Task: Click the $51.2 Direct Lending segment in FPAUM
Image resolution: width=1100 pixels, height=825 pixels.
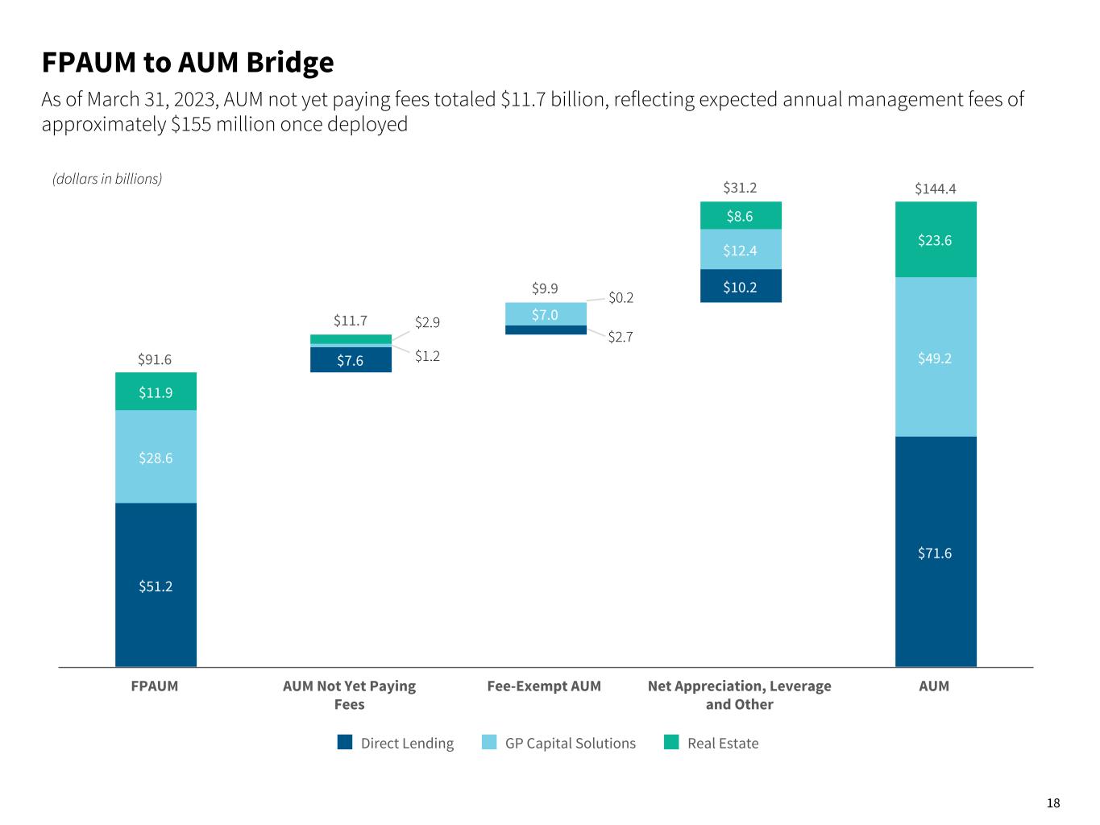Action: [x=156, y=585]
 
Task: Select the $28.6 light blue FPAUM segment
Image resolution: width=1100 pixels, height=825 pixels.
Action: [x=156, y=457]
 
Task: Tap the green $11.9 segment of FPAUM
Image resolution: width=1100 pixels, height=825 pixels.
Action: [x=156, y=392]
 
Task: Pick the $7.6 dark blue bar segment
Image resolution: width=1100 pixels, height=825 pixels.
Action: [x=351, y=360]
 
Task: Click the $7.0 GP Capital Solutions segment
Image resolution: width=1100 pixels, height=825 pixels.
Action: [x=546, y=313]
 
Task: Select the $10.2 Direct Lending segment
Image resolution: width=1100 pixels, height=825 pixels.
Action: [x=740, y=286]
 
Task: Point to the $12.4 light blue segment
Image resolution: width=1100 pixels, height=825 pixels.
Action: [x=740, y=250]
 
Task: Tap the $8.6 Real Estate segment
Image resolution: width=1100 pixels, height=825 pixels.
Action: [x=740, y=215]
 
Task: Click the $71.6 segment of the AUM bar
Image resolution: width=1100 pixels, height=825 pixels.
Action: [x=935, y=552]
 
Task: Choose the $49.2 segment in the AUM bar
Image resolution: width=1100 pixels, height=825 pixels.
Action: [x=935, y=358]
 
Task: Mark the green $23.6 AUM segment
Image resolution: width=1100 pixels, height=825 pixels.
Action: [x=935, y=239]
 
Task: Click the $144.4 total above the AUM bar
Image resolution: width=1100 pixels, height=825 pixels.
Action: [x=935, y=189]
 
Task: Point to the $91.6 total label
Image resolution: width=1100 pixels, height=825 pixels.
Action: [x=156, y=359]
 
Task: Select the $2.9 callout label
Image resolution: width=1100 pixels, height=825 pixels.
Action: [x=427, y=322]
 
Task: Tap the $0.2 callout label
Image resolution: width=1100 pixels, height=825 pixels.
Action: [x=621, y=297]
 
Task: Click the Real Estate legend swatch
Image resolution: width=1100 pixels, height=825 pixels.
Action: [x=671, y=742]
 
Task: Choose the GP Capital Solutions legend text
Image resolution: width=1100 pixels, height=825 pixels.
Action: [x=570, y=743]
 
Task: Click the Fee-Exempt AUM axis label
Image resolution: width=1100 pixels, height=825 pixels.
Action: [x=544, y=686]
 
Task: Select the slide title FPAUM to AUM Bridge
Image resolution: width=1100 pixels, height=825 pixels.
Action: [x=188, y=62]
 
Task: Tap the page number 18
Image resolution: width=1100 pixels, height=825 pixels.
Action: [x=1053, y=802]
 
